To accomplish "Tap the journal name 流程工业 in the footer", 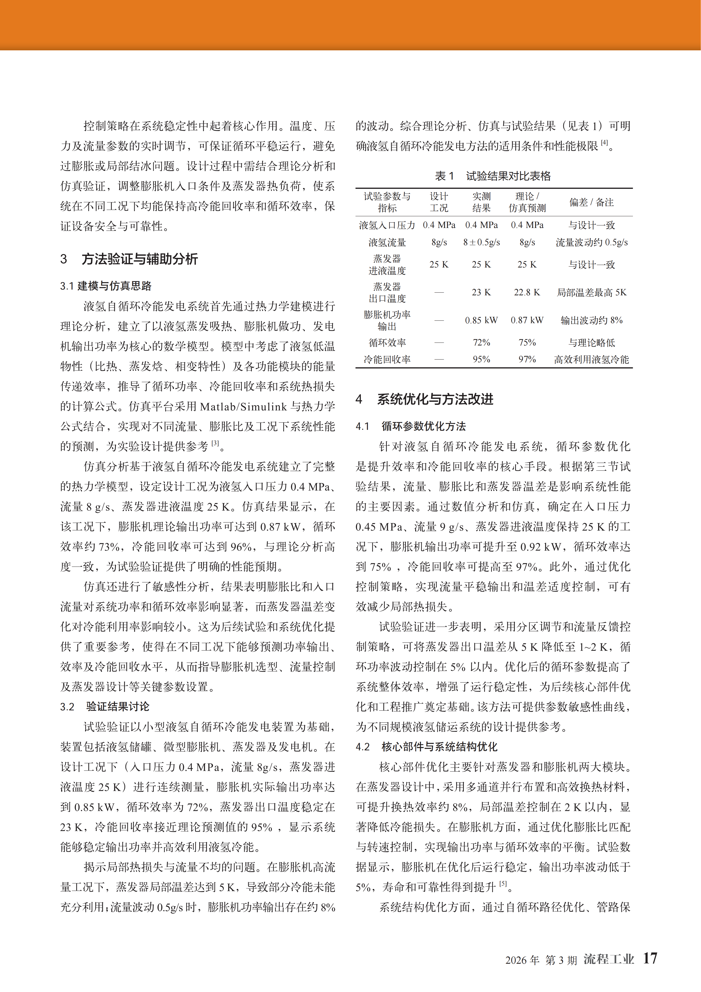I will (608, 959).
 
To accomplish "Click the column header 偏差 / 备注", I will (591, 202).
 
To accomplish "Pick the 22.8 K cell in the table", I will (527, 292).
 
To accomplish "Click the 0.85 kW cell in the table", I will (481, 320).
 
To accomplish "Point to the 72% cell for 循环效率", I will (481, 343).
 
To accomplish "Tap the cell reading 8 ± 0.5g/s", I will (481, 242).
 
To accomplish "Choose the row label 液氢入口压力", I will (387, 225).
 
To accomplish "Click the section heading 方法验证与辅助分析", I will (140, 259).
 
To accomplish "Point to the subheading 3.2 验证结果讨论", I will (105, 707).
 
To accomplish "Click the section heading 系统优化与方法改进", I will (435, 399).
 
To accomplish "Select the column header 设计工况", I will (439, 202).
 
